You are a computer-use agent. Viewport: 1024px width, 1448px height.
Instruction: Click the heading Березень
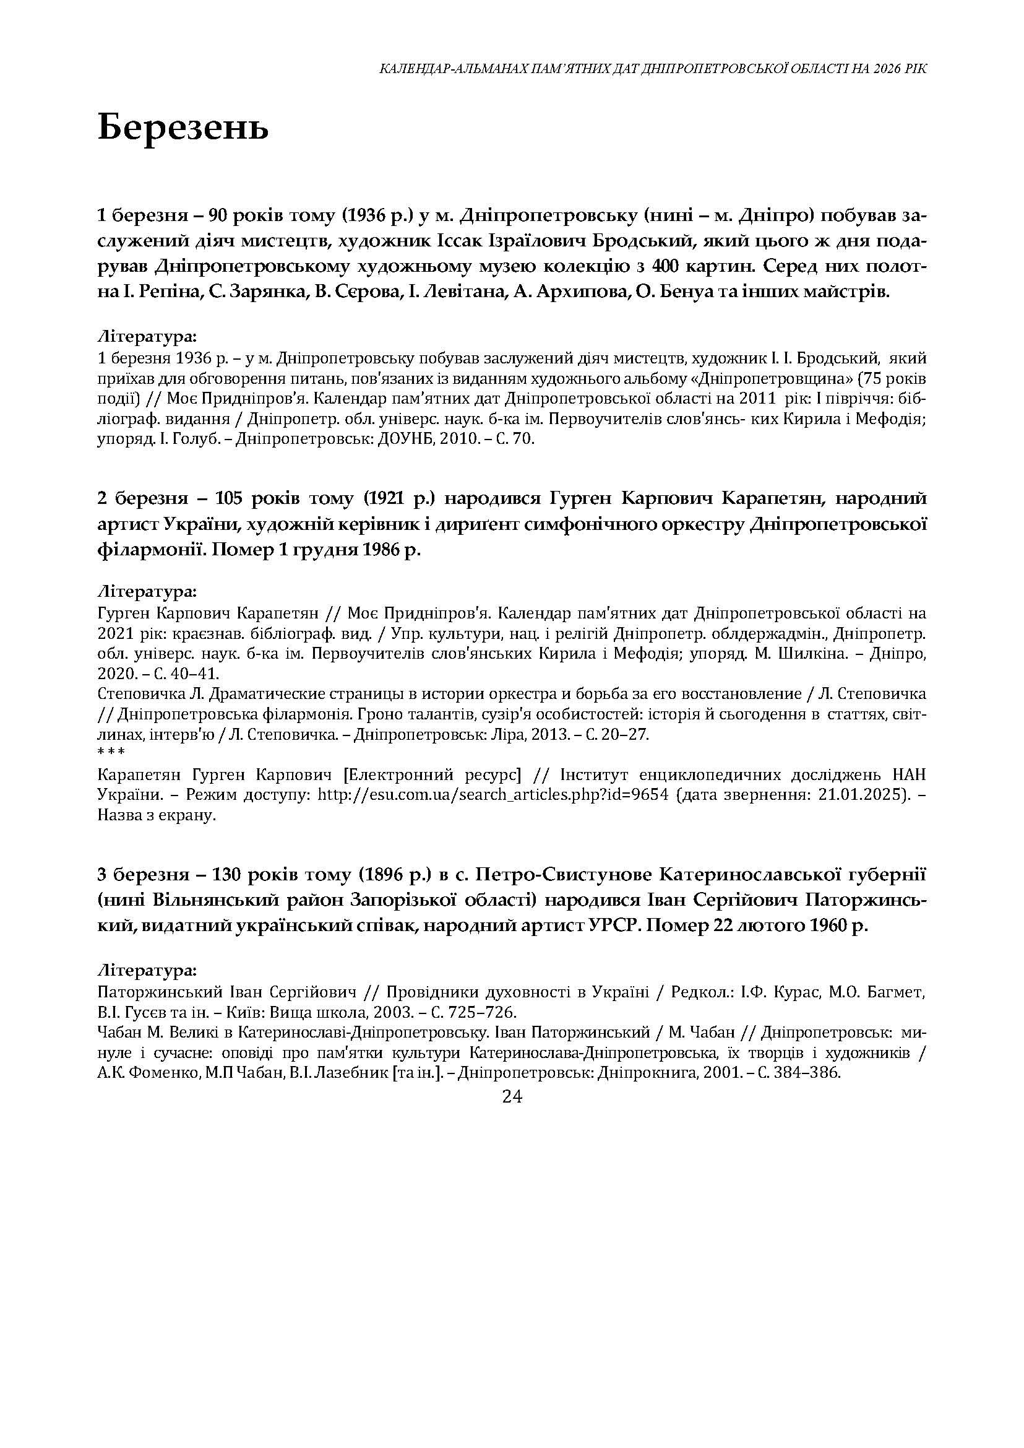click(183, 128)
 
